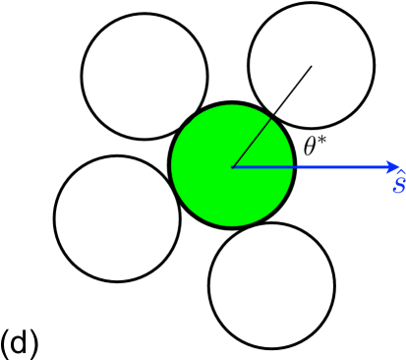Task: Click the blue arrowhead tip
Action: (400, 167)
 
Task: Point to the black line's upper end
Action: (312, 66)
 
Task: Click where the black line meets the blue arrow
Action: (232, 167)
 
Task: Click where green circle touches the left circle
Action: (173, 187)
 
